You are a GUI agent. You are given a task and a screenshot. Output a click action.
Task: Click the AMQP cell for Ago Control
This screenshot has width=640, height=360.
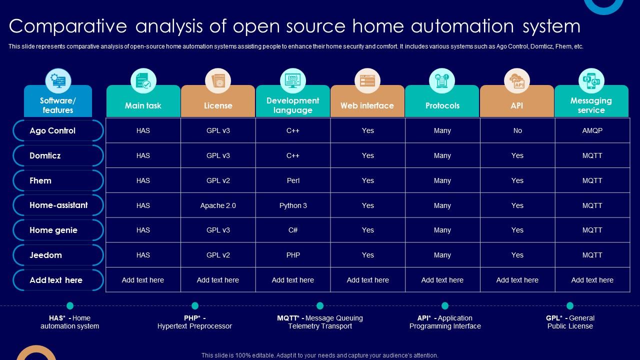tap(592, 130)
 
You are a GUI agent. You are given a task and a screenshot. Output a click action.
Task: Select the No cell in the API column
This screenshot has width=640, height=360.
tap(517, 130)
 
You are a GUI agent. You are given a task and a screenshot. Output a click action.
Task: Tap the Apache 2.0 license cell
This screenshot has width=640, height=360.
tap(218, 205)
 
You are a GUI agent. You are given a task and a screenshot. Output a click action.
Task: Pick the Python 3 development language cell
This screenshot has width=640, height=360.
tap(293, 205)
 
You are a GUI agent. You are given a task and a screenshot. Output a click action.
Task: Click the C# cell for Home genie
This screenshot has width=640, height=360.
tap(293, 230)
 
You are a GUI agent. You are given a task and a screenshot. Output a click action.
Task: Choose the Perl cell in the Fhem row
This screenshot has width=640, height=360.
tap(293, 180)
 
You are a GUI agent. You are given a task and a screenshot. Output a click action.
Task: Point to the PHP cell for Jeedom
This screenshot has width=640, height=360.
tap(293, 255)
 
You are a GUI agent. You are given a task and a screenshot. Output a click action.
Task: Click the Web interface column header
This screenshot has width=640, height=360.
tap(367, 105)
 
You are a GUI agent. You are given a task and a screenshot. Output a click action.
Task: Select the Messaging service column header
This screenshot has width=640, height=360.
tap(591, 105)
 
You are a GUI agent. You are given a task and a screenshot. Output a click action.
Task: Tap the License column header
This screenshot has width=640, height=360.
tap(218, 105)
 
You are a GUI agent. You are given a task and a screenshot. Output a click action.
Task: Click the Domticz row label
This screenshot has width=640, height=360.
tap(45, 155)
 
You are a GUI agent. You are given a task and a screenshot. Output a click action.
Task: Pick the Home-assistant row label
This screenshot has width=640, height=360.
tap(58, 205)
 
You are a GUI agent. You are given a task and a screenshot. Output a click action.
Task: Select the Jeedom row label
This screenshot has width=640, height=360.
tap(45, 255)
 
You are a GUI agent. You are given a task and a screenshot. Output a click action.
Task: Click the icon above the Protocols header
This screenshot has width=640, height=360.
tap(442, 80)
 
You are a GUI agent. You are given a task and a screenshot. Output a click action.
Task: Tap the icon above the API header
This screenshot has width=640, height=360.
tap(516, 80)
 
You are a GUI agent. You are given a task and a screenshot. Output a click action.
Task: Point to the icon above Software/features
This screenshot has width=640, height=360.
tap(58, 81)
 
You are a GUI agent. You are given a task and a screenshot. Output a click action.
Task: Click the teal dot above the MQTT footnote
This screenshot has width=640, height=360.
tap(320, 305)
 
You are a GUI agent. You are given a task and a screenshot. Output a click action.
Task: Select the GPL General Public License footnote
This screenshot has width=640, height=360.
tap(570, 322)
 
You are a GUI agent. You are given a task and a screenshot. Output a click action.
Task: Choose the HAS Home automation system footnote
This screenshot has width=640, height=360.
tap(70, 322)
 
